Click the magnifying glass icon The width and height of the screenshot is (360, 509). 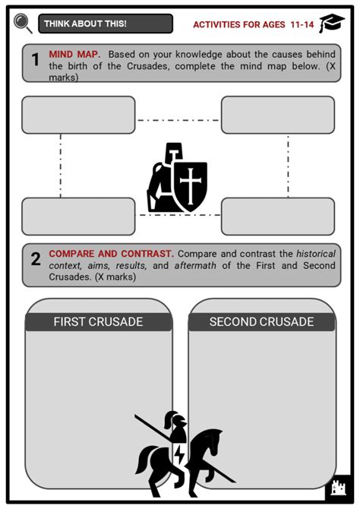click(x=23, y=23)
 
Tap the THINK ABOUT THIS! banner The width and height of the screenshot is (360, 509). click(x=106, y=24)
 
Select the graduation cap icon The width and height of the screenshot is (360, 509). click(x=332, y=23)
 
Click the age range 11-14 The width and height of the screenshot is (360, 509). click(x=302, y=24)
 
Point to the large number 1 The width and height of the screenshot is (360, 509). click(x=35, y=60)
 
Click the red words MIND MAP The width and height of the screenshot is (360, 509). click(x=74, y=54)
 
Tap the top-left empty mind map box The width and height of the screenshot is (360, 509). click(x=78, y=115)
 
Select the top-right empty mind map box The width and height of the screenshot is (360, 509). click(x=278, y=115)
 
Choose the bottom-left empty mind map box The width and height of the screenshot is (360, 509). click(x=78, y=217)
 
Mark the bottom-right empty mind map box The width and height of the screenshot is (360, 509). click(x=278, y=217)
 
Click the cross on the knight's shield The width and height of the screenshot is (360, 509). click(x=191, y=185)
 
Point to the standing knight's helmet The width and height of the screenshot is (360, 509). click(x=174, y=153)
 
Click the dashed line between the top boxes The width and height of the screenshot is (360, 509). click(x=178, y=121)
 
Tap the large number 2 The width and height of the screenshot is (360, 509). click(x=36, y=259)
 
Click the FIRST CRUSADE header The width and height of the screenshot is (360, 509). click(x=99, y=321)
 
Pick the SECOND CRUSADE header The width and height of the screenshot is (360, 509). click(x=261, y=321)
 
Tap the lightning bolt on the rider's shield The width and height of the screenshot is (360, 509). click(x=178, y=454)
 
